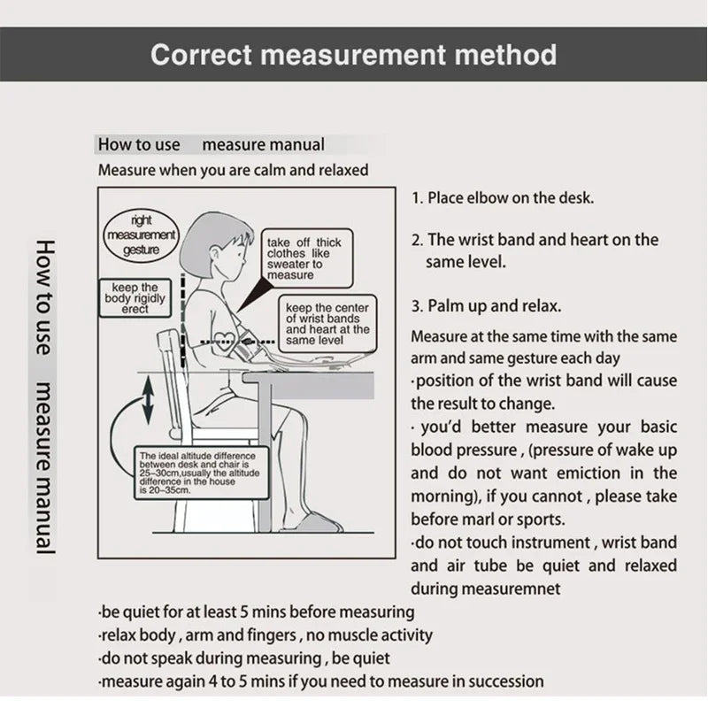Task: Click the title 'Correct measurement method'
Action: coord(354,54)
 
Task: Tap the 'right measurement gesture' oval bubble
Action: coord(142,235)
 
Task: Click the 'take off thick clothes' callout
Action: coord(303,258)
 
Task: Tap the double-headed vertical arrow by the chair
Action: coord(148,399)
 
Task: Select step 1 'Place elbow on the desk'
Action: coord(503,197)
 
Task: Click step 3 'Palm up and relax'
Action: coord(485,306)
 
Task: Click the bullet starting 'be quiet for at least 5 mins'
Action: coord(256,612)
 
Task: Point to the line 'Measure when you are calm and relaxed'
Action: coord(233,169)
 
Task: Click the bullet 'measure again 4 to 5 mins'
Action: coord(320,681)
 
